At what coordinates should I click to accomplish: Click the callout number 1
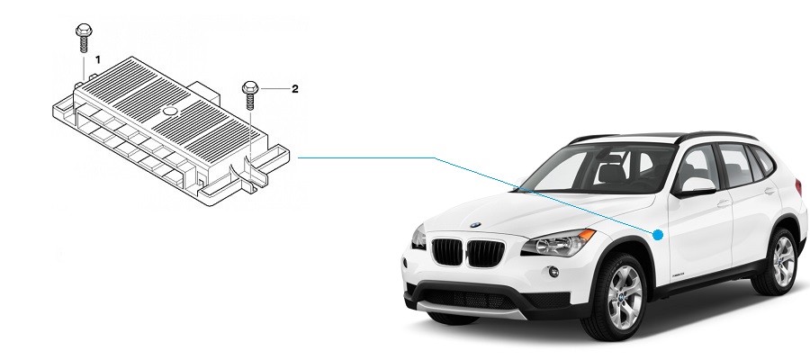tap(97, 60)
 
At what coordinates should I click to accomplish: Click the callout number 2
tap(295, 89)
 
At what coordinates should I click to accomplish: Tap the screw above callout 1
tap(84, 37)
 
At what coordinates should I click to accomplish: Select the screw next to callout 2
tap(250, 94)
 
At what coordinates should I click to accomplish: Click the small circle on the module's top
tap(170, 111)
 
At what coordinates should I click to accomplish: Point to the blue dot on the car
tap(658, 235)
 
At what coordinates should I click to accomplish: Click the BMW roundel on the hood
tap(475, 225)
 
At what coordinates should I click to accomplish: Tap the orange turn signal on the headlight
tap(587, 235)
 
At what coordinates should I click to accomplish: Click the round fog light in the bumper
tap(553, 272)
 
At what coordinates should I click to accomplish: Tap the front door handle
tap(724, 203)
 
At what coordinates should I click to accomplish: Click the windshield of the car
tap(599, 169)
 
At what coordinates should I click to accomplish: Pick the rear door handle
tap(769, 191)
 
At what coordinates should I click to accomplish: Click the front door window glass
tap(696, 168)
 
